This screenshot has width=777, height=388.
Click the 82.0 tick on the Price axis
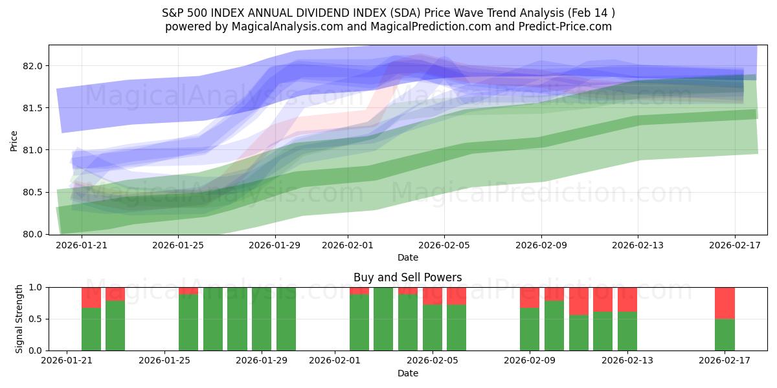33,66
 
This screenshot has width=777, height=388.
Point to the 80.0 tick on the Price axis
33,234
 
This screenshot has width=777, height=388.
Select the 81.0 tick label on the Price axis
33,150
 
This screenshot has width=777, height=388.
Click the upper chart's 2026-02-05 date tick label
444,245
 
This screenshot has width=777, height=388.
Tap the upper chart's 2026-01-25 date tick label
178,245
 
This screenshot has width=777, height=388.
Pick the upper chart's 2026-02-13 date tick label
638,245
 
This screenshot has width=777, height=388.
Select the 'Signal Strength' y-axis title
19,319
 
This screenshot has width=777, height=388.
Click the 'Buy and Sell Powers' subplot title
407,277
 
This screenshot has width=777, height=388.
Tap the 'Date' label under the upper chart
407,257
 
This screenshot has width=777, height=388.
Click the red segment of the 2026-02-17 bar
725,303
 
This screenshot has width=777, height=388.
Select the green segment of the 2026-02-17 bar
725,335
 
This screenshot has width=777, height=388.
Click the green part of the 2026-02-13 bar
627,331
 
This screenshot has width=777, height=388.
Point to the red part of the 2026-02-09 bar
530,297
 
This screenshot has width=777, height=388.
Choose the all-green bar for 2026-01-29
286,319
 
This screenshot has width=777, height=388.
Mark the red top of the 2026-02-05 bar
456,296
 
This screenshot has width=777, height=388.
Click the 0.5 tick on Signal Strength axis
36,319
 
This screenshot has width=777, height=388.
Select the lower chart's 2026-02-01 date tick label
335,361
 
